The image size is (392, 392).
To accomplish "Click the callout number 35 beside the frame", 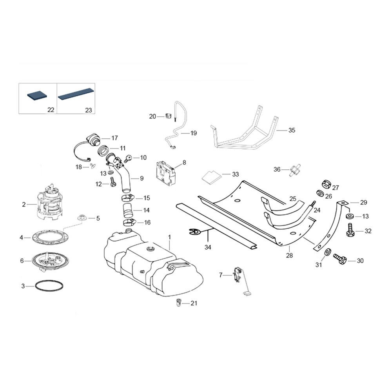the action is (x=292, y=130).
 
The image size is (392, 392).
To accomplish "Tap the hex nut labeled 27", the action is (x=326, y=185).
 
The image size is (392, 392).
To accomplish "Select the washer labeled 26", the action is (x=320, y=194).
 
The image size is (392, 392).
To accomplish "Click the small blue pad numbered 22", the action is (x=37, y=96).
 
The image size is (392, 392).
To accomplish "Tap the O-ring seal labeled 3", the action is (x=49, y=286).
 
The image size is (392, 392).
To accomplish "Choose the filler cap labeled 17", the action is (x=93, y=139).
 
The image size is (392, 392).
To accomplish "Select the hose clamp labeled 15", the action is (x=128, y=198).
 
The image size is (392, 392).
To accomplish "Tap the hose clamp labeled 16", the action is (x=129, y=222).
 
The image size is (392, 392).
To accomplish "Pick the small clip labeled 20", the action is (x=168, y=116).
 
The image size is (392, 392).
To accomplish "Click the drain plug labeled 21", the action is (x=178, y=303).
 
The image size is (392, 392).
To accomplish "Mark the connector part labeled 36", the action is (x=295, y=170).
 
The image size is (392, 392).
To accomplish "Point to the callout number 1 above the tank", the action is (x=169, y=236).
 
